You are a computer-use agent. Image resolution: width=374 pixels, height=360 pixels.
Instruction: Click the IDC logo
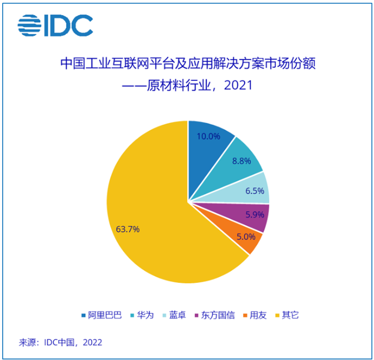pyautogui.click(x=55, y=25)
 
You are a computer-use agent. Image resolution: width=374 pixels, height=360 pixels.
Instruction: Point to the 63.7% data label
pyautogui.click(x=128, y=228)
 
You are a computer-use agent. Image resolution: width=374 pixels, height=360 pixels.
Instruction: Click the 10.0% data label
pyautogui.click(x=209, y=135)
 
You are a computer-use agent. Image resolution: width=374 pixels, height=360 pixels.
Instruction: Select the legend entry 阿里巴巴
pyautogui.click(x=101, y=315)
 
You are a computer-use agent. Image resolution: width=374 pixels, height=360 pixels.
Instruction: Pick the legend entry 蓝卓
pyautogui.click(x=176, y=315)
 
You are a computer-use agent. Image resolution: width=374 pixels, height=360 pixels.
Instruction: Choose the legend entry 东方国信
pyautogui.click(x=214, y=315)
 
